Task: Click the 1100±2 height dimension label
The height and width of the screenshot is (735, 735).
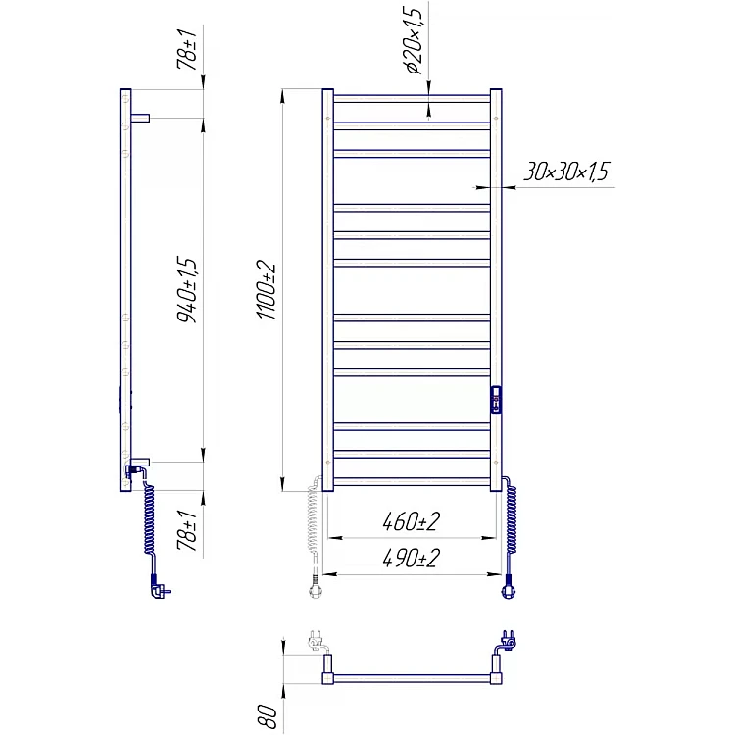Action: (267, 290)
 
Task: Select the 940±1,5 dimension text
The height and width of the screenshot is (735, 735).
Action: (187, 290)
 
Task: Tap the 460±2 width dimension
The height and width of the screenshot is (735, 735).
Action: (411, 521)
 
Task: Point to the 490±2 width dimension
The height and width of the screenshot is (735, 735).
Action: (411, 558)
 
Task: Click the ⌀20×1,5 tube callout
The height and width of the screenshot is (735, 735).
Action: (416, 40)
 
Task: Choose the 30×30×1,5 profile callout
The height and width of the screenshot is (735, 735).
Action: (565, 171)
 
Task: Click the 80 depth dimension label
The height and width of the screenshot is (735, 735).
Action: (269, 716)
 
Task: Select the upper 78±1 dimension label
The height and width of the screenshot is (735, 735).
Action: (187, 49)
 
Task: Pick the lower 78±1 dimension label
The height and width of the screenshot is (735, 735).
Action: (187, 530)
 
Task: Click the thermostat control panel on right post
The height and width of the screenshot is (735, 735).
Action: (496, 400)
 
